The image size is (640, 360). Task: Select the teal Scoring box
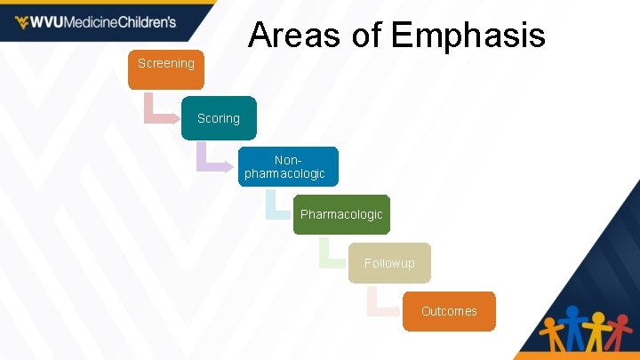[x=219, y=118]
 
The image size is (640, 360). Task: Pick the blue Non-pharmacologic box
[x=289, y=166]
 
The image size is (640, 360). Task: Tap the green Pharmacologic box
[x=341, y=214]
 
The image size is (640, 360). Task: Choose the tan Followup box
[x=389, y=263]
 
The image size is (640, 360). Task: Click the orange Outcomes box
[x=449, y=311]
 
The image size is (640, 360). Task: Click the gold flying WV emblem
[x=21, y=22]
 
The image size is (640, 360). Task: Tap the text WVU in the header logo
[x=52, y=22]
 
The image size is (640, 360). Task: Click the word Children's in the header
[x=147, y=22]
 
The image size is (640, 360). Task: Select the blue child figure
[x=572, y=328]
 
